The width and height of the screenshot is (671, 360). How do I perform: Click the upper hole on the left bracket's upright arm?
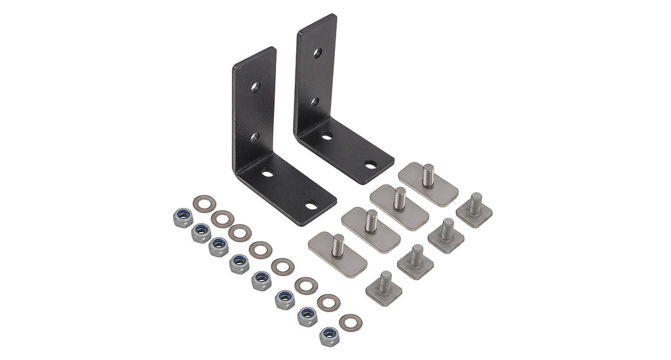coord(255,87)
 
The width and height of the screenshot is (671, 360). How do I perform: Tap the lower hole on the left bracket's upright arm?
coord(254,137)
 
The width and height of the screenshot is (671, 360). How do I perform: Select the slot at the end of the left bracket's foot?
coord(311,206)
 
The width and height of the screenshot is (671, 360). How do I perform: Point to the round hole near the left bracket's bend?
coord(267,174)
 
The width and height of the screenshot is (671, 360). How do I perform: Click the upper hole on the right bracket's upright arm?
coord(317,53)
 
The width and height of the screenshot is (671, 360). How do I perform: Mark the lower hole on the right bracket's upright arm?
coord(315,102)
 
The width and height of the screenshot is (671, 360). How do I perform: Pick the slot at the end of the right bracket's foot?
coord(370,165)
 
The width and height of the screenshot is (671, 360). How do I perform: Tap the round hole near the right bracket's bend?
coord(327,136)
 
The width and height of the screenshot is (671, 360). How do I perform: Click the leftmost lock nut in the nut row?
coord(183,218)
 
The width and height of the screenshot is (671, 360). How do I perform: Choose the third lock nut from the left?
coord(219,248)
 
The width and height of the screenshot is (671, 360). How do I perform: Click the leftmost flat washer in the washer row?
coord(204,204)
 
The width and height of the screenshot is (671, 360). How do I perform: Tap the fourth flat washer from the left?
coord(260,249)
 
